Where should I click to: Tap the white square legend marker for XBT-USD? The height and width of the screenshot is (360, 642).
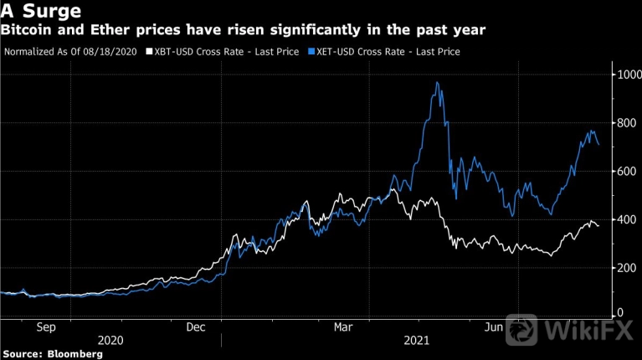coord(149,52)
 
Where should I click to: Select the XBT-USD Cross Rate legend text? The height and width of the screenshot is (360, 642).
coord(223,52)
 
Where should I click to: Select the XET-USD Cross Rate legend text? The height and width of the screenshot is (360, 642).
coord(388,52)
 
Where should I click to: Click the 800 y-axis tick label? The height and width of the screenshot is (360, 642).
coord(624,123)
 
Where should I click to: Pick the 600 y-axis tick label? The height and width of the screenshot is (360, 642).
coord(624,172)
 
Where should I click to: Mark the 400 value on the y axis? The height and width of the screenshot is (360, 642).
coord(624,219)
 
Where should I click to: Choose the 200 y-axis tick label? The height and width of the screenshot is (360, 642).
coord(624,268)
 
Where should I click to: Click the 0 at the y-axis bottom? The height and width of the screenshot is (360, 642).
coord(619,312)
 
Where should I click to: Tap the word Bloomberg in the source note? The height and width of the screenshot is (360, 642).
coord(74,354)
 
